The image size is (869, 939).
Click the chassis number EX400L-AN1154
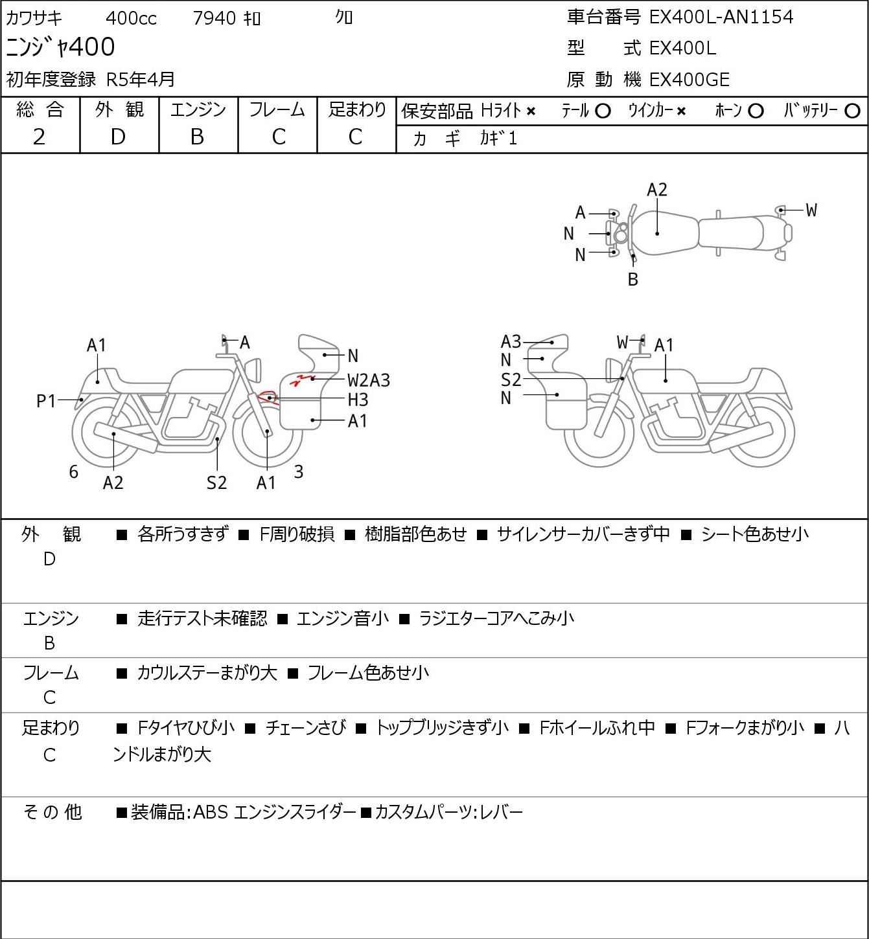tap(721, 17)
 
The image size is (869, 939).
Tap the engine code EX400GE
tap(689, 80)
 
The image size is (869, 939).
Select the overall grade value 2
tap(39, 137)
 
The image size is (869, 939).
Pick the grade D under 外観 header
tap(118, 137)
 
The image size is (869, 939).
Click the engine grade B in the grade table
tap(197, 137)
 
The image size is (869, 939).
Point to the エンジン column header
tap(198, 110)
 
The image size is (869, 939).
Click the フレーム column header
tap(277, 110)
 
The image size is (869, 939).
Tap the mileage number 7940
tap(214, 18)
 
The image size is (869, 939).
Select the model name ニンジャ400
tap(61, 47)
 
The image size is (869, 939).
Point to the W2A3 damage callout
tap(369, 380)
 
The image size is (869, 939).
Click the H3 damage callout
tap(358, 400)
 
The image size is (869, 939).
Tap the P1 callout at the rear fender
tap(46, 402)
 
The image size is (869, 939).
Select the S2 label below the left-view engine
tap(216, 482)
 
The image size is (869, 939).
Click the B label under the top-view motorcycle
tap(633, 279)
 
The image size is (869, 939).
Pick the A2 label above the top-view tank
tap(657, 190)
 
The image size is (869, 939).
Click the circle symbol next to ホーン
tap(756, 111)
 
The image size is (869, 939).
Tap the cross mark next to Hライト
tap(531, 111)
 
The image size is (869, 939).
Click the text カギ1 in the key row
tap(498, 139)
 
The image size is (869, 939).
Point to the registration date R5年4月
tap(141, 79)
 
